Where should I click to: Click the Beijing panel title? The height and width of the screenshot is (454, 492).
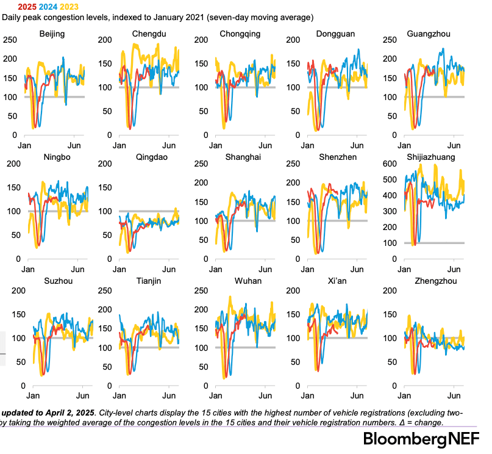tap(52, 34)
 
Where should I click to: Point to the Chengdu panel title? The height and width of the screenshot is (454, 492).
tap(149, 34)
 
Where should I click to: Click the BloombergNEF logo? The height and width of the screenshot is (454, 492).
tap(421, 439)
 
